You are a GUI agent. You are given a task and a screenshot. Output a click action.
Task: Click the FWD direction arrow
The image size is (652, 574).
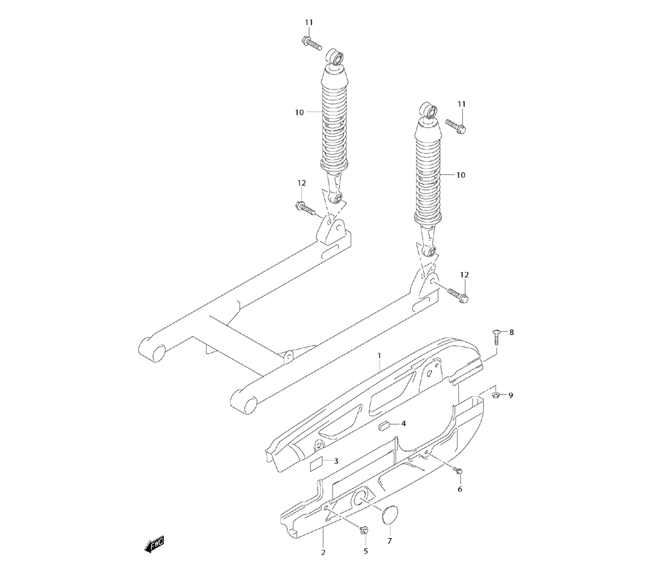click(155, 543)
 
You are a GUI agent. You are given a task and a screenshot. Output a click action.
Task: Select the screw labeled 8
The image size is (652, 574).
click(496, 337)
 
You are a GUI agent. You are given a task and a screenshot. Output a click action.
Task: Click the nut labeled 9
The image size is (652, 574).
click(495, 395)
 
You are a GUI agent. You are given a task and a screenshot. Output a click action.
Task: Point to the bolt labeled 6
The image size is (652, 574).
click(459, 471)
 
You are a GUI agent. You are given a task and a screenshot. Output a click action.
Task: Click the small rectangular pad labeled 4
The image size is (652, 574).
click(383, 425)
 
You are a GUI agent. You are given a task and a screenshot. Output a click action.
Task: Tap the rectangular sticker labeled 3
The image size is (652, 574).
click(318, 463)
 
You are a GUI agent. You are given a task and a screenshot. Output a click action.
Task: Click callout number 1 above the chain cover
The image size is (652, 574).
click(379, 355)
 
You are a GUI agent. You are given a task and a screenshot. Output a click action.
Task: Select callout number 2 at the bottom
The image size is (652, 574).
click(323, 552)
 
